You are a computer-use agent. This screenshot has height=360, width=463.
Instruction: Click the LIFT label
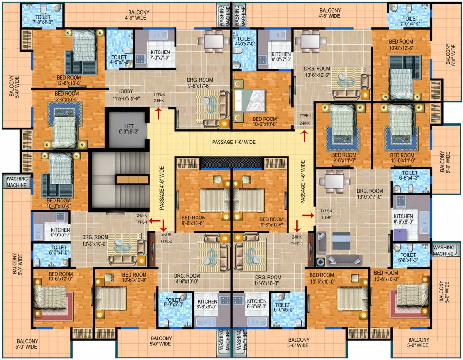click(129, 128)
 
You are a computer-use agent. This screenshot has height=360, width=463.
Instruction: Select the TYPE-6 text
click(160, 94)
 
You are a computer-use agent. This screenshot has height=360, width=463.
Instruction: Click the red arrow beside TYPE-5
click(305, 135)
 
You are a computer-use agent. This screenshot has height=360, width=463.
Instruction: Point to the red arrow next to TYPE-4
click(308, 215)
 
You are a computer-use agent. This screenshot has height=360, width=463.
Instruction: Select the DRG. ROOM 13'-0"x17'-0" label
click(370, 194)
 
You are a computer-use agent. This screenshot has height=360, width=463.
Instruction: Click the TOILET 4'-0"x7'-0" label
click(245, 43)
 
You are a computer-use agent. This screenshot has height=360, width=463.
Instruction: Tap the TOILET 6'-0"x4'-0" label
click(58, 249)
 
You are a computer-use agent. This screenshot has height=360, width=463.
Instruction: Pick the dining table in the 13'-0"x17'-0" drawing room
click(335, 180)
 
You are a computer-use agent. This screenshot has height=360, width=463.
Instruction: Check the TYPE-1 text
click(142, 222)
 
